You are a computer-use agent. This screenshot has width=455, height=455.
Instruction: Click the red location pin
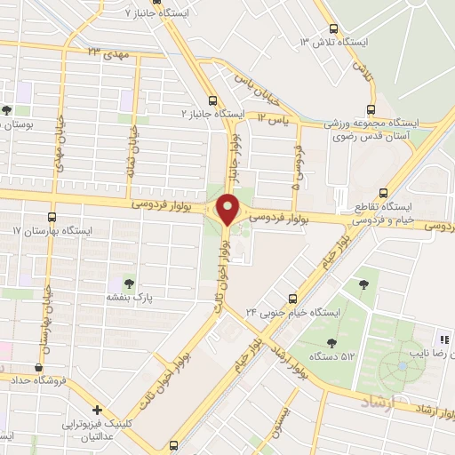coord(227,210)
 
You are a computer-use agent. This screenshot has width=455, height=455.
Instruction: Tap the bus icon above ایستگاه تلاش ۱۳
coord(333,28)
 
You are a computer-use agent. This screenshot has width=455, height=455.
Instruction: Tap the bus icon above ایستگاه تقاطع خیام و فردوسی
coord(384,193)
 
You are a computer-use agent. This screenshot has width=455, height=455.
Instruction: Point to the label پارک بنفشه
coord(132,300)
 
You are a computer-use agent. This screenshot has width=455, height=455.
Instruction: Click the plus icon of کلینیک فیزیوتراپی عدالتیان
coord(99,411)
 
